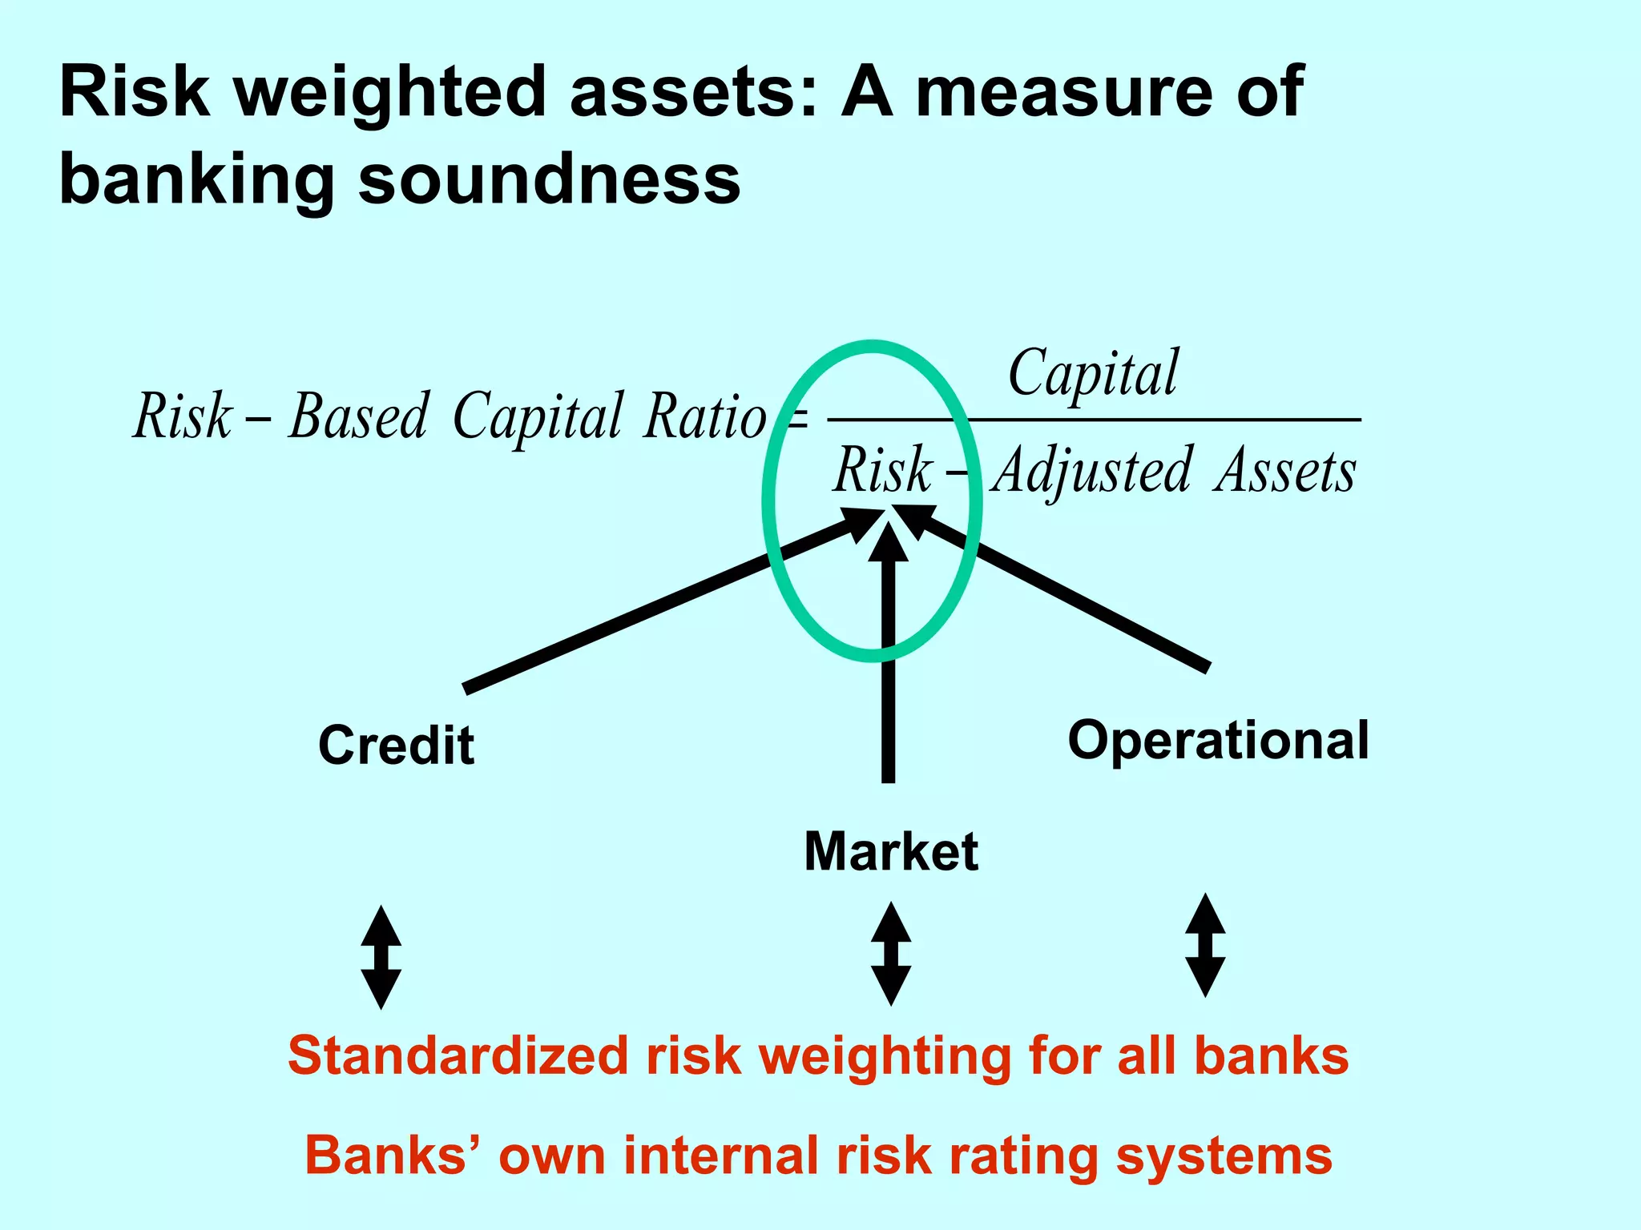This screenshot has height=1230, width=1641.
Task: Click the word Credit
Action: (x=396, y=746)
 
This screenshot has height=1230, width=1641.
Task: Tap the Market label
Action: (x=890, y=851)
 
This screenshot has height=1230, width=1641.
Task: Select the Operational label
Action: (x=1218, y=741)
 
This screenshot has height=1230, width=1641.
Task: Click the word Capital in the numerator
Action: (x=1093, y=373)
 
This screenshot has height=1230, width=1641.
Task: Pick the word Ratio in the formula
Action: (x=704, y=417)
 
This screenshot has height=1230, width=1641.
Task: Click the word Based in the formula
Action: (x=359, y=417)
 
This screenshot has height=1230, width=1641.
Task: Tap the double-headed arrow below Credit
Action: (x=381, y=958)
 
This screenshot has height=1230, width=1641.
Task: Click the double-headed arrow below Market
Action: (x=891, y=954)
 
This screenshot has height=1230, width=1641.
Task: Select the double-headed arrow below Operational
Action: (x=1205, y=946)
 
